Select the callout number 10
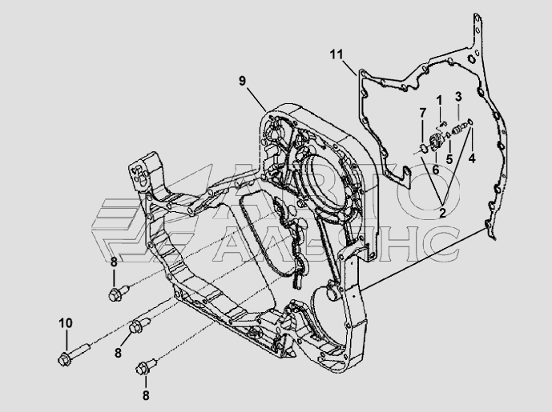pos(65,322)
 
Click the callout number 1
pos(439,98)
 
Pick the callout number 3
pos(459,97)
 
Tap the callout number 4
pos(472,158)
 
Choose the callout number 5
pos(449,158)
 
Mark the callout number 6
pos(435,169)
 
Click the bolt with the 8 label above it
pos(116,293)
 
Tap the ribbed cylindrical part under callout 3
pos(458,128)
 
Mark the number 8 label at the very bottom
pos(146,394)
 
